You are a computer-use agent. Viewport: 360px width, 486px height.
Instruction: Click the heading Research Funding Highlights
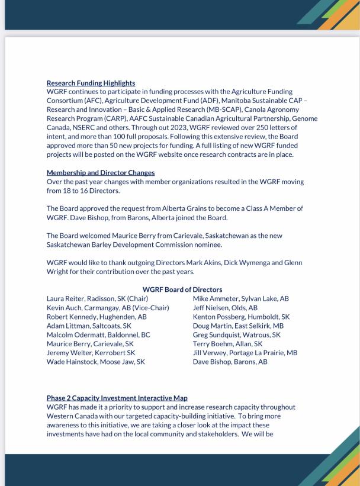click(91, 83)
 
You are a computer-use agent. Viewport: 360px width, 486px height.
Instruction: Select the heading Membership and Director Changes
click(101, 173)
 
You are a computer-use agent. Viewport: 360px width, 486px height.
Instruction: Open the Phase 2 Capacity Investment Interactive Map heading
click(117, 398)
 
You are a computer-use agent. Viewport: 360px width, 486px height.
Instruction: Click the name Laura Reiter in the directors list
click(66, 299)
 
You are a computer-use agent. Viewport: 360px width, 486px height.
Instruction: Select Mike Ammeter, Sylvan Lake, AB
click(240, 299)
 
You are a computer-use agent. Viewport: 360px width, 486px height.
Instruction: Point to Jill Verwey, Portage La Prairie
click(245, 353)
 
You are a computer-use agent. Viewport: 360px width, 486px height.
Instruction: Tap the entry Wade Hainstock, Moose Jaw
click(95, 362)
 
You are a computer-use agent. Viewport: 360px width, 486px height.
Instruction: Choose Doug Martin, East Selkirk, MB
click(238, 326)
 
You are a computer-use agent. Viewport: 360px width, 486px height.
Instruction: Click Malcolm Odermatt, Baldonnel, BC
click(98, 334)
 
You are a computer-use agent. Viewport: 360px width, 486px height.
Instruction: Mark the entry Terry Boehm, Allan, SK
click(227, 343)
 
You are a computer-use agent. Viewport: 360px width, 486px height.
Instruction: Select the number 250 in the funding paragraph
click(240, 127)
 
